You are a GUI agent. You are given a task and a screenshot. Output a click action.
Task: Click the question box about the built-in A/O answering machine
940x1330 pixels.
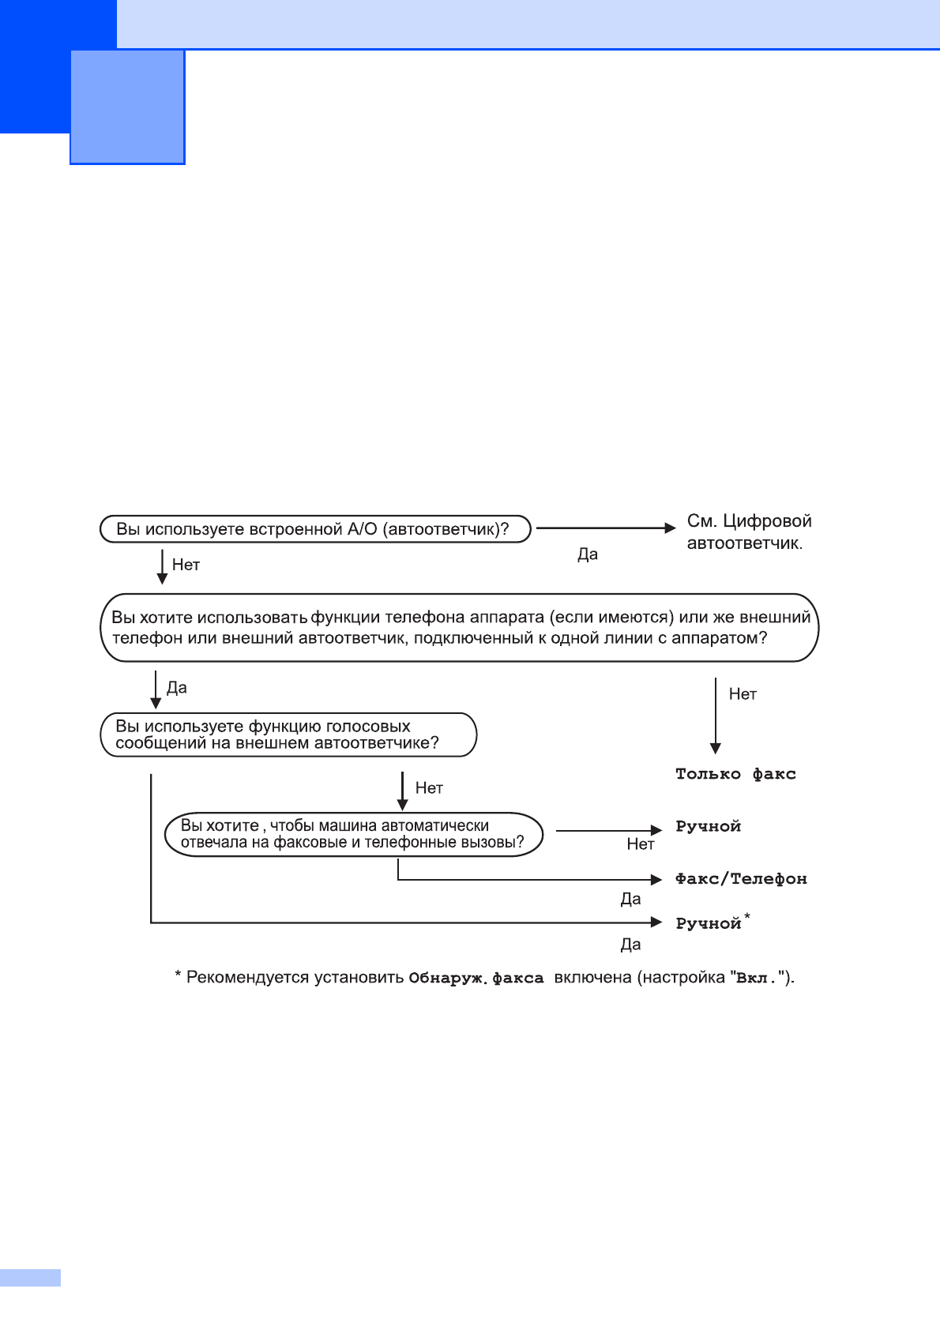(x=314, y=529)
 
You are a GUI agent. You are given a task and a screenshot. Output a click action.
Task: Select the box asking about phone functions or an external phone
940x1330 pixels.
(x=460, y=628)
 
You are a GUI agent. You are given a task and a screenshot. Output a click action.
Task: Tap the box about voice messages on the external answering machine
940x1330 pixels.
(x=288, y=735)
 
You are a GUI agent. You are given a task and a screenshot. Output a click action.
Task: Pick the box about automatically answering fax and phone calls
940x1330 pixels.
(x=354, y=834)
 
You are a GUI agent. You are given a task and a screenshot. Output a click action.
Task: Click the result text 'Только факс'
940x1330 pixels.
(x=735, y=774)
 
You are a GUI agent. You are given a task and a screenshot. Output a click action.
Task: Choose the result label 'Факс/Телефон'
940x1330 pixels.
(x=741, y=879)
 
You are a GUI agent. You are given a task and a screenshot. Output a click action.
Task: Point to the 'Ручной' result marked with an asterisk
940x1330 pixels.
(x=709, y=923)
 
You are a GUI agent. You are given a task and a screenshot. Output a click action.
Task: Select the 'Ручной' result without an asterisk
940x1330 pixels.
(x=708, y=827)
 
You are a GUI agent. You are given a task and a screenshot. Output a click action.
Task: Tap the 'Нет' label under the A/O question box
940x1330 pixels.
(x=186, y=565)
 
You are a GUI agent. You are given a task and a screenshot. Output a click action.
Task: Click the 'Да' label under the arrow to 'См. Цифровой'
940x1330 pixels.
(x=588, y=554)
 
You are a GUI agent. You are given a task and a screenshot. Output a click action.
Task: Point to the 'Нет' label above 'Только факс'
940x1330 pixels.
(x=743, y=694)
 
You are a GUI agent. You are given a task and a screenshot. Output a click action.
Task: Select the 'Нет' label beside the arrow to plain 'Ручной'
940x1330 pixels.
(x=641, y=844)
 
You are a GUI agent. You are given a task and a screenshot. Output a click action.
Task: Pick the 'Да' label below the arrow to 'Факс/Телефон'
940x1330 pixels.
(x=630, y=899)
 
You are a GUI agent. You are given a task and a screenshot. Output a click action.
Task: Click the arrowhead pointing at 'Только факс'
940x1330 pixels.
(x=716, y=748)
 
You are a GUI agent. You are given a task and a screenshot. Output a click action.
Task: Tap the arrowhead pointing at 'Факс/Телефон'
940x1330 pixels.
(x=656, y=879)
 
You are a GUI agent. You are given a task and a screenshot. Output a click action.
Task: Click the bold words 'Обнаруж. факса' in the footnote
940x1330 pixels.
(x=476, y=979)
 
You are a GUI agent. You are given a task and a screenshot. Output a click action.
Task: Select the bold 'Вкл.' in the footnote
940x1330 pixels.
(x=754, y=979)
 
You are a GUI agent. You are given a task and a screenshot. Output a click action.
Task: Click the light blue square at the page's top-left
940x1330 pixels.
(x=127, y=107)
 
